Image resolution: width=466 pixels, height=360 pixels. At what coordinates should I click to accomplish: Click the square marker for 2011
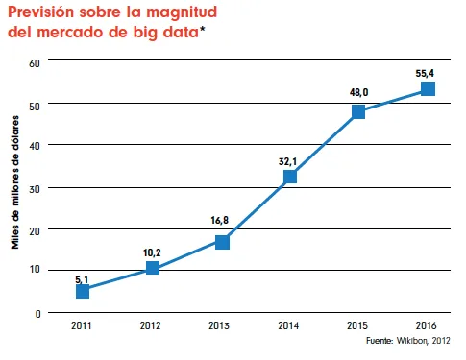[83, 291]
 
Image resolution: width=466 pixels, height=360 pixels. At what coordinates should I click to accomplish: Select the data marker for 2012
[152, 269]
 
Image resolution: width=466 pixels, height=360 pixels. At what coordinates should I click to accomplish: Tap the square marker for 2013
[222, 242]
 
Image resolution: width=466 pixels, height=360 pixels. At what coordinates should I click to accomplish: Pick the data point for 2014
[290, 177]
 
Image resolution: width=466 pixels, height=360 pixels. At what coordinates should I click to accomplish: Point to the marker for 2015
[358, 111]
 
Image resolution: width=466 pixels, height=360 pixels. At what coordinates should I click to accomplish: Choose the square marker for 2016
[428, 89]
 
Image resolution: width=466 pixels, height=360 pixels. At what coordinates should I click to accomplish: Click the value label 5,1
[83, 279]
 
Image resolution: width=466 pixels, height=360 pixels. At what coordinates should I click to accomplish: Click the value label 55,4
[427, 72]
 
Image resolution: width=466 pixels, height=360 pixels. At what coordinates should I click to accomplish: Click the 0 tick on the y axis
[38, 313]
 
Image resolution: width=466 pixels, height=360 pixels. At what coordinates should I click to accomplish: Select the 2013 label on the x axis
[221, 326]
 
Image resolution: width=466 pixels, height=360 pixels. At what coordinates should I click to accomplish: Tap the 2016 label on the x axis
[428, 326]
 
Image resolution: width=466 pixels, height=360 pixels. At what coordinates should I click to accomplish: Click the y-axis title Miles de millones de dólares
[15, 187]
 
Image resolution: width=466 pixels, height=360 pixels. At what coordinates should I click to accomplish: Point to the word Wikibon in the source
[414, 340]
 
